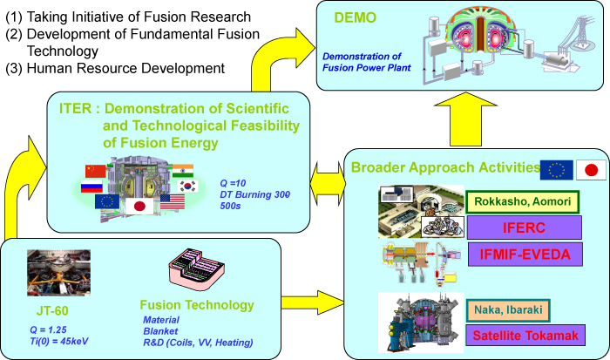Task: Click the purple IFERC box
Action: pos(525,228)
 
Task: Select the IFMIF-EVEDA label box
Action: pos(525,255)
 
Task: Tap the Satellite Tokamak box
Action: pos(525,335)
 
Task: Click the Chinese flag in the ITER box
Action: pos(94,171)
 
